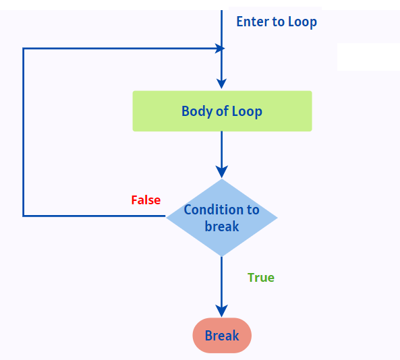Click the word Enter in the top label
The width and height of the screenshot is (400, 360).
[252, 22]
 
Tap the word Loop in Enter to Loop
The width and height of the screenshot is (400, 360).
[302, 22]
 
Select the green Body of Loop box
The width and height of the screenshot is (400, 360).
[222, 111]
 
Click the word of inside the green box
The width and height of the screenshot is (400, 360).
[222, 111]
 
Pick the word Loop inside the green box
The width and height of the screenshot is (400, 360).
[247, 111]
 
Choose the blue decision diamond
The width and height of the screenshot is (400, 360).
[222, 217]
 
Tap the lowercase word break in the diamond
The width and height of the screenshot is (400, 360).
[222, 227]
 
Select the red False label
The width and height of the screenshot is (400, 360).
[146, 200]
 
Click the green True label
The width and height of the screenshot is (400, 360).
[261, 278]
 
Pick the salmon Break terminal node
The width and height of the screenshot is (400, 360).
[222, 336]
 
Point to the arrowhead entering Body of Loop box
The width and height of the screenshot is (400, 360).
[221, 84]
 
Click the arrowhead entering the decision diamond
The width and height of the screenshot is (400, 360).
[221, 172]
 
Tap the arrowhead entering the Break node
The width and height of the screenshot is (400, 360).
[221, 311]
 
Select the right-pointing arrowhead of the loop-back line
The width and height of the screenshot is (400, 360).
[219, 49]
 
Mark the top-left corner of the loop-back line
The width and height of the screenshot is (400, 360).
[24, 49]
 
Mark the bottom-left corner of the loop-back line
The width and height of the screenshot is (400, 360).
[24, 216]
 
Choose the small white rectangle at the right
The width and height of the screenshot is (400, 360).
[368, 57]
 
